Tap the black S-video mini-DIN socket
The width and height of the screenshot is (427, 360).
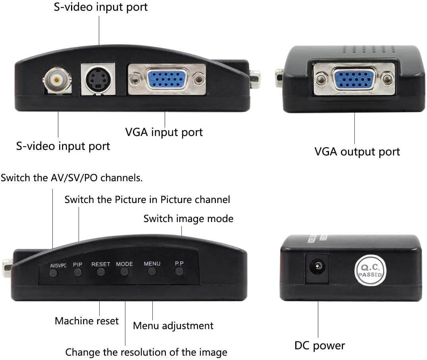98,79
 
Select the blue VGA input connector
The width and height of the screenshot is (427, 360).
167,79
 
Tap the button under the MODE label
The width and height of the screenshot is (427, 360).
125,272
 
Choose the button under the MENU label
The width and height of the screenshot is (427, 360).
152,272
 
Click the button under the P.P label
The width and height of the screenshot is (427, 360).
179,272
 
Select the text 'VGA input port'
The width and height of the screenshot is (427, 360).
164,132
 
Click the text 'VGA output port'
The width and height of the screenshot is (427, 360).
357,151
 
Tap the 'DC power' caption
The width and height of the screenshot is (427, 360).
319,345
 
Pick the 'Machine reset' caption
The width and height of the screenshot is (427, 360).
87,321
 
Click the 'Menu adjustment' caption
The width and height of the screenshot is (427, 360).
173,326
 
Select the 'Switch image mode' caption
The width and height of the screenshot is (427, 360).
188,218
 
